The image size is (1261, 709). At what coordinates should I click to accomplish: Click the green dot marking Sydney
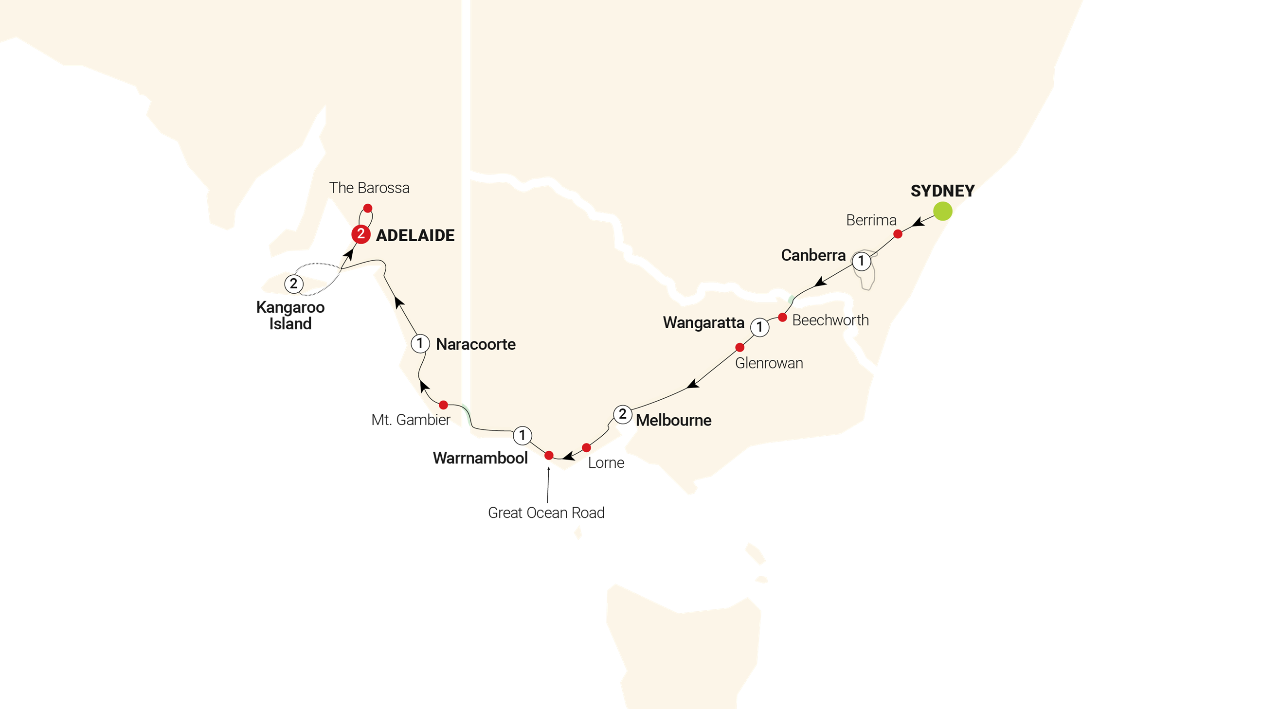coord(942,212)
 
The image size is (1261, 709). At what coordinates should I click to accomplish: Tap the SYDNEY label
coord(942,191)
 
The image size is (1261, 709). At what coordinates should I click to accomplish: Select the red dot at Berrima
coord(898,234)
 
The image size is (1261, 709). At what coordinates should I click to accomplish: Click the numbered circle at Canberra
coord(862,261)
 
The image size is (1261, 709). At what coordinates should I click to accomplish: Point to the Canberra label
coord(813,255)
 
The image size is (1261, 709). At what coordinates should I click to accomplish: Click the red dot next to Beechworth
coord(782,318)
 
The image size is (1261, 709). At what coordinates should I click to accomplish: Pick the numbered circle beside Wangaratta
coord(759,327)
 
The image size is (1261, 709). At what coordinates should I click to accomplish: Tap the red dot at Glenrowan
coord(739,347)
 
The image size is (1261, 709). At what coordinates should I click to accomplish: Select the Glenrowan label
coord(769,363)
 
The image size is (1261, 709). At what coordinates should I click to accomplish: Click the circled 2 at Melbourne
coord(622,414)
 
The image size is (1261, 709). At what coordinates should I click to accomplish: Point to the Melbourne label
coord(674,420)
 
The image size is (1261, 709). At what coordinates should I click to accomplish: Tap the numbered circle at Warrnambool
coord(522,435)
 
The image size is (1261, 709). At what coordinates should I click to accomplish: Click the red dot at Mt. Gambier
coord(443,405)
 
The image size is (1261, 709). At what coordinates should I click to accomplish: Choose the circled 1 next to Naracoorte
coord(419,343)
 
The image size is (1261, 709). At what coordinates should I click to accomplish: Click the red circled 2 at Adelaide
coord(361,234)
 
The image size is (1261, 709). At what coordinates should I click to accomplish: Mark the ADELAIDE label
coord(415,235)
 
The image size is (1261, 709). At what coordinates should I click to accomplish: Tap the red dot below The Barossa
coord(368,209)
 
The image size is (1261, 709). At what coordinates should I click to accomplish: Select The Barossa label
coord(369,188)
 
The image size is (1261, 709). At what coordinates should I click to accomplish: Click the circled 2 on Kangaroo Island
coord(294,284)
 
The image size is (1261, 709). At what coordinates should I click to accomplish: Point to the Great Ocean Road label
coord(546,513)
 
